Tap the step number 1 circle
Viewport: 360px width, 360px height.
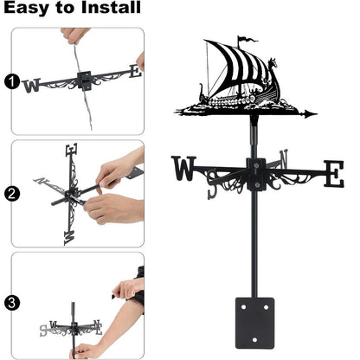(x=10, y=82)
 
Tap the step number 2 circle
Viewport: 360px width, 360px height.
(x=10, y=194)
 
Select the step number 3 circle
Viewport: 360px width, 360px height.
(x=10, y=302)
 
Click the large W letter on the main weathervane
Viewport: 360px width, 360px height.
(x=185, y=170)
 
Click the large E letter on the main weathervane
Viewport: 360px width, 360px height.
(x=332, y=173)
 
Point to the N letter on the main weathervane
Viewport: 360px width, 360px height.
(x=283, y=159)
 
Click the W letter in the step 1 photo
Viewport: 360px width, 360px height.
(x=32, y=85)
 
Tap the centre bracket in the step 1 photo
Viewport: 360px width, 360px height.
(x=86, y=80)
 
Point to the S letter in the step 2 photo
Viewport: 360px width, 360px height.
(x=70, y=231)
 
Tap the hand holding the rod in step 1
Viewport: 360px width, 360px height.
(x=74, y=35)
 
